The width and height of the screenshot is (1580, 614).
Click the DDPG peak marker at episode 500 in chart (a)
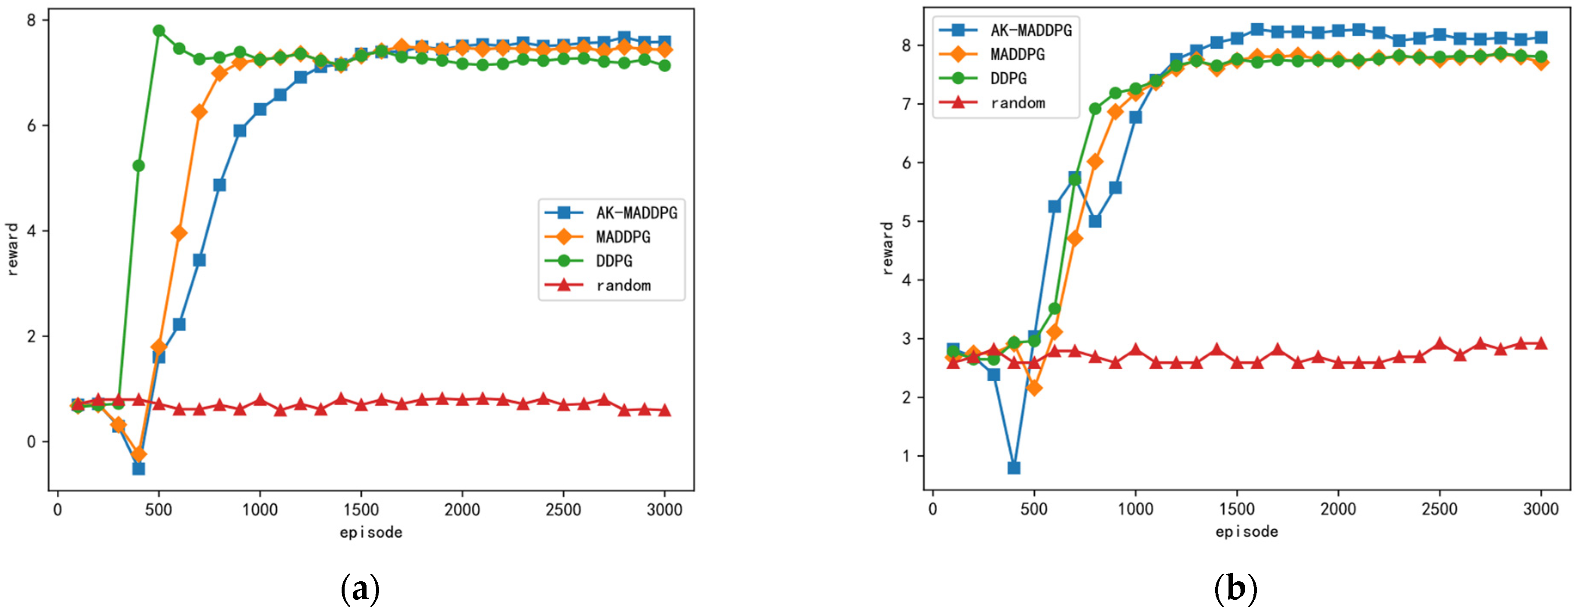159,31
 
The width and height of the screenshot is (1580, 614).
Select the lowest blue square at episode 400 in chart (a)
139,469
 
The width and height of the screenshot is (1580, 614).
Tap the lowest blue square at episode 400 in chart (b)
1014,468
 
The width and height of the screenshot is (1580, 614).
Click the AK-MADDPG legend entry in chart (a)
636,213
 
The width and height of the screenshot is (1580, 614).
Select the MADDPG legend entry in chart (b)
1017,55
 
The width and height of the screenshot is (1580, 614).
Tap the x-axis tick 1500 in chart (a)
361,509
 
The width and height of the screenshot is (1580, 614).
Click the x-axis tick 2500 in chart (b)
1439,509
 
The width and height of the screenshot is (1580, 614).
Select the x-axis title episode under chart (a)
371,532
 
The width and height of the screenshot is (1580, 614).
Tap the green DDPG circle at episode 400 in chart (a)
139,166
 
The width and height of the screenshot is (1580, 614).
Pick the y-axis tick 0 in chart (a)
32,442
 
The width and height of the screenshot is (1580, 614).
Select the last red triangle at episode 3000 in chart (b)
1541,343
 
